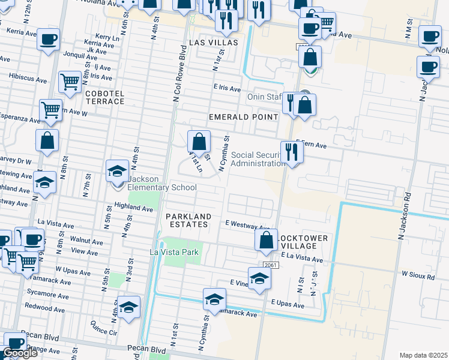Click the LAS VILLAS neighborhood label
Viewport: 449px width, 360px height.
point(213,43)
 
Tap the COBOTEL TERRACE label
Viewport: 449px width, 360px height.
point(105,98)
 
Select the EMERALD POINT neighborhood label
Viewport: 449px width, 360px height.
point(243,116)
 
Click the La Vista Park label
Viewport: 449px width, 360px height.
point(174,253)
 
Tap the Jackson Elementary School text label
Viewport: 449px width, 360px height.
point(161,187)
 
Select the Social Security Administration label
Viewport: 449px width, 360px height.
point(258,159)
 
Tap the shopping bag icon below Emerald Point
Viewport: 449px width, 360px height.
point(199,143)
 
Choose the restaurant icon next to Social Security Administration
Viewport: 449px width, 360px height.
point(292,152)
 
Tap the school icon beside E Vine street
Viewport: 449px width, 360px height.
point(259,278)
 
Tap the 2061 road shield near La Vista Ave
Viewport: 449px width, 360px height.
point(271,264)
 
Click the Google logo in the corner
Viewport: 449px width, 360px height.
point(20,353)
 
